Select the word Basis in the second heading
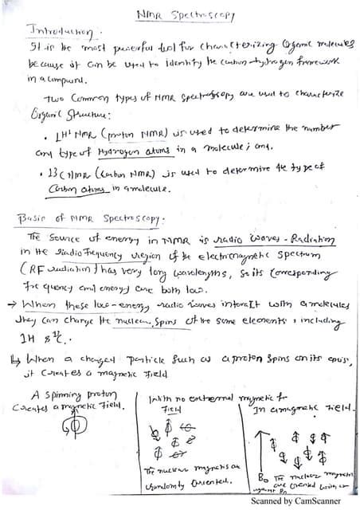(33, 218)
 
